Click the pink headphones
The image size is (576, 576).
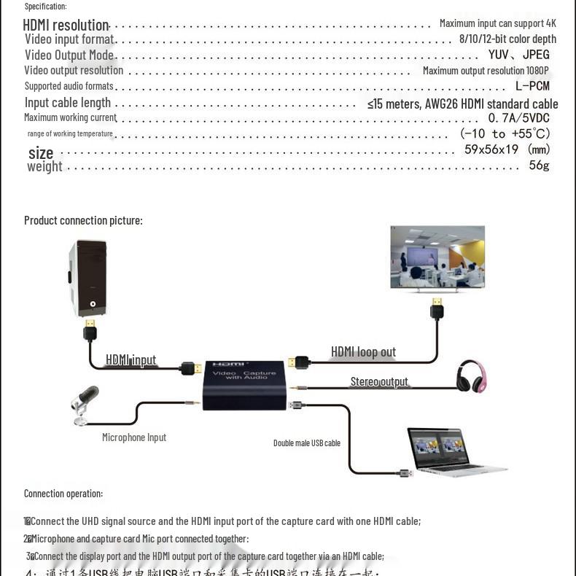[472, 376]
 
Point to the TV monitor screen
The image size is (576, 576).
[437, 257]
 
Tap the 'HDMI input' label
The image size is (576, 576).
[131, 359]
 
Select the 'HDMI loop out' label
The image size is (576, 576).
[363, 352]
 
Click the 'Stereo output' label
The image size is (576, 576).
[379, 382]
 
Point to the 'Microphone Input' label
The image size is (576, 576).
[134, 437]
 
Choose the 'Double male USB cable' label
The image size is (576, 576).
[307, 443]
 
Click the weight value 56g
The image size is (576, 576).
[539, 166]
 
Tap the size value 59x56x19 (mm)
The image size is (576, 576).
[507, 149]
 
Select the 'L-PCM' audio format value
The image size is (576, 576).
[532, 86]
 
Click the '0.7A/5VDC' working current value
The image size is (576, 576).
[518, 118]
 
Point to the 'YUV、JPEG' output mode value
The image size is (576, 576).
[518, 55]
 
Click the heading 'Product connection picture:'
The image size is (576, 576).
[83, 220]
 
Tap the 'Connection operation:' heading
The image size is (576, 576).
[63, 494]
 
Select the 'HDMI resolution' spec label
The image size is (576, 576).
[66, 26]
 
